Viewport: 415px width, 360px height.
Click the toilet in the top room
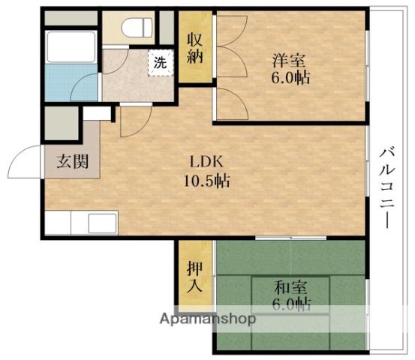tap(137, 28)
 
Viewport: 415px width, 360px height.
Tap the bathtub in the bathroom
tap(71, 46)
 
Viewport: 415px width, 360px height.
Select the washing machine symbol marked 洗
tap(161, 63)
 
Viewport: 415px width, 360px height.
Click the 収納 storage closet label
tap(195, 49)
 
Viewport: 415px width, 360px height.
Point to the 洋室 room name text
tap(289, 60)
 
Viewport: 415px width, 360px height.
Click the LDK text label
tap(206, 161)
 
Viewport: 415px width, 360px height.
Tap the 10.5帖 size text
tap(206, 181)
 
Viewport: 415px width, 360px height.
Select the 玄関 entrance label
tap(73, 161)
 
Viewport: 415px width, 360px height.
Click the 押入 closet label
tap(195, 277)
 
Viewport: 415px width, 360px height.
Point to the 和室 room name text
tap(291, 287)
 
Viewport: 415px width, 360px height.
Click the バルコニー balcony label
tap(386, 188)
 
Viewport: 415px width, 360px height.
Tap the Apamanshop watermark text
tap(208, 319)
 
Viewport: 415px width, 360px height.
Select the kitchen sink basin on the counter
tap(102, 223)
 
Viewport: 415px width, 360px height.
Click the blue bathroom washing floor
tap(71, 82)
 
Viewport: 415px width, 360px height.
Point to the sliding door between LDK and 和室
tap(291, 238)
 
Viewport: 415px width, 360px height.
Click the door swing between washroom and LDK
tap(136, 121)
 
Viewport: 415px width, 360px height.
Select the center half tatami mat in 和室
tap(290, 295)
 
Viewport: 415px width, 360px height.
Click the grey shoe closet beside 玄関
tap(62, 123)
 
